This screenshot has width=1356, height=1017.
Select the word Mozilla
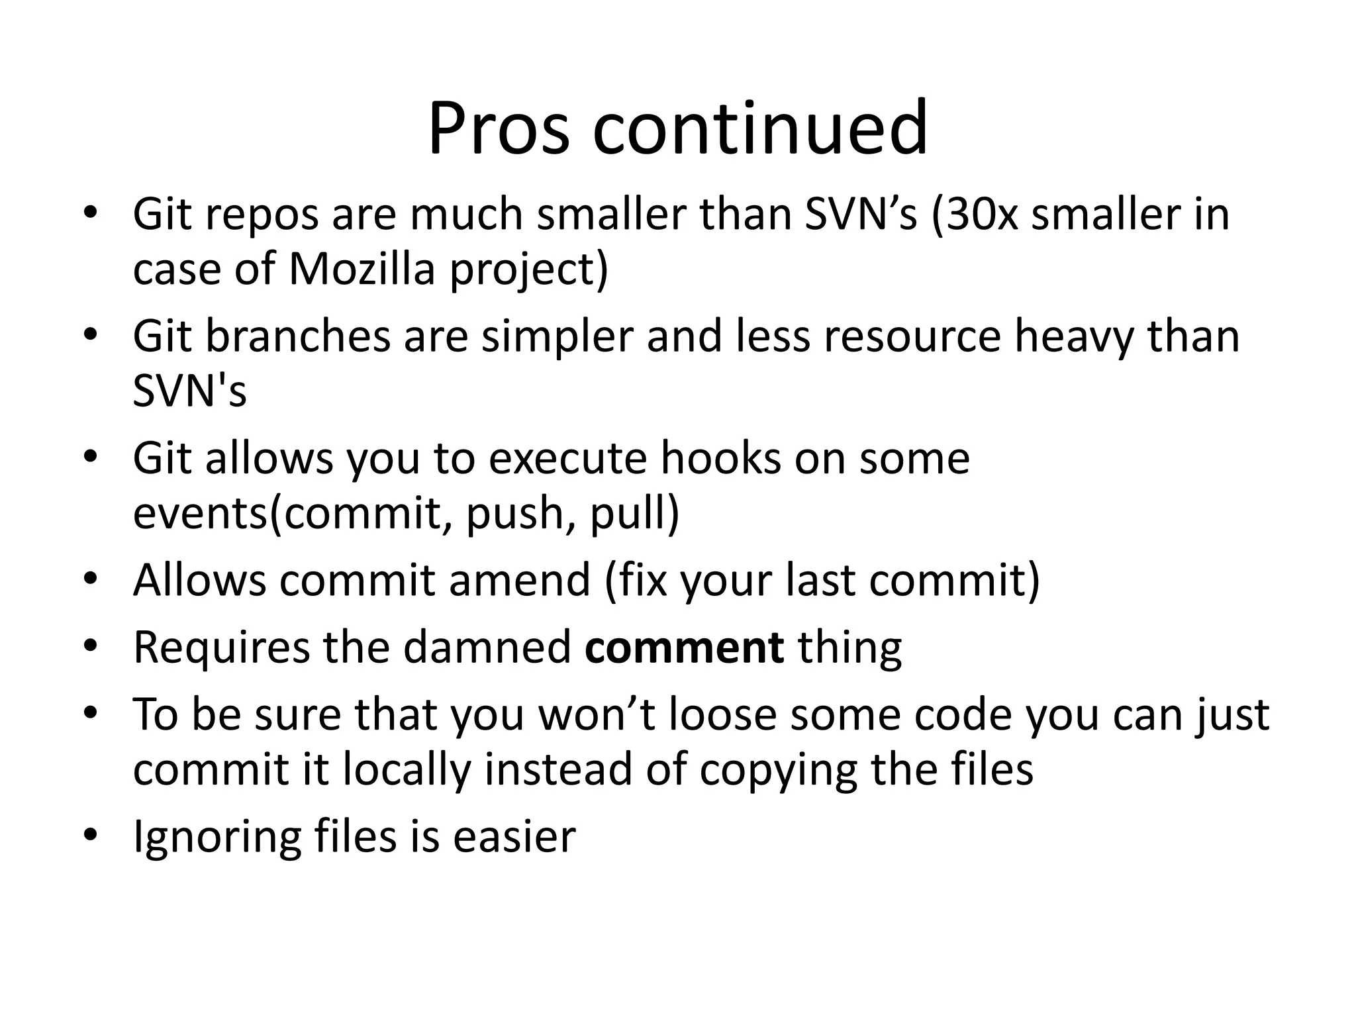coord(362,269)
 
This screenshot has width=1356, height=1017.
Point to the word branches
coord(298,336)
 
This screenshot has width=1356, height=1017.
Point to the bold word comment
coord(684,648)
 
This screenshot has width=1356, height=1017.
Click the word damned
coord(487,648)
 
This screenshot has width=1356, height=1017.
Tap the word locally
coord(407,769)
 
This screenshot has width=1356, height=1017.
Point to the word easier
coord(514,837)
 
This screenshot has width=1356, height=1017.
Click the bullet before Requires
coord(91,646)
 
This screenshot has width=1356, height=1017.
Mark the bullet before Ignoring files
coord(91,834)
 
